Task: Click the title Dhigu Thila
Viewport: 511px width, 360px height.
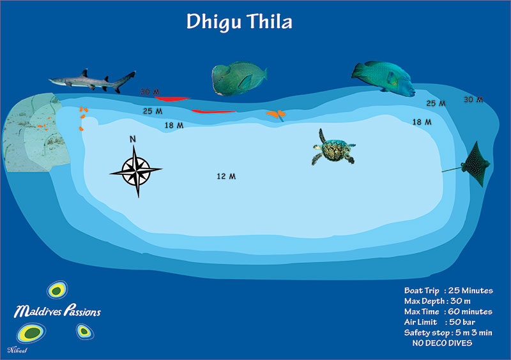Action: coord(239,22)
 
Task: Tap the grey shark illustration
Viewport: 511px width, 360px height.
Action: coord(92,81)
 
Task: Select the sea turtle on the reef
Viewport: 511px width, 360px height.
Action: coord(333,148)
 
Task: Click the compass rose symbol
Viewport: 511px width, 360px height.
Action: coord(136,170)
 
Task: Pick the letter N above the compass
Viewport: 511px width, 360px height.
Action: coord(133,139)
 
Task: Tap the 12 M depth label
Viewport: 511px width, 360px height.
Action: coord(226,176)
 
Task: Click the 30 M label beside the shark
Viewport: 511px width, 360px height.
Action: coord(150,92)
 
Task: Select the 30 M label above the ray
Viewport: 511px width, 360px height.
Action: coord(473,100)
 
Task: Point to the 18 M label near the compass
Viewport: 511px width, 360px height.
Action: coord(174,125)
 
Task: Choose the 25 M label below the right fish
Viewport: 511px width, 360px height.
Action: coord(436,103)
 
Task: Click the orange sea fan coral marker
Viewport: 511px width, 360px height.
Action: coord(276,115)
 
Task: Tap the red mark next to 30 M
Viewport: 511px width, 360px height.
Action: coord(172,99)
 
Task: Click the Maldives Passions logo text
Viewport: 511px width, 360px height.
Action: coord(57,311)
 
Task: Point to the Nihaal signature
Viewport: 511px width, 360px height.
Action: coord(17,350)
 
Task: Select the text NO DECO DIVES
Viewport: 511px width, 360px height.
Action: coord(442,343)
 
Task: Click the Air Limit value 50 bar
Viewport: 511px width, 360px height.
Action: coord(462,322)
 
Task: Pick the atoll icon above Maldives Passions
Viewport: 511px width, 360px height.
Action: coord(57,290)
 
